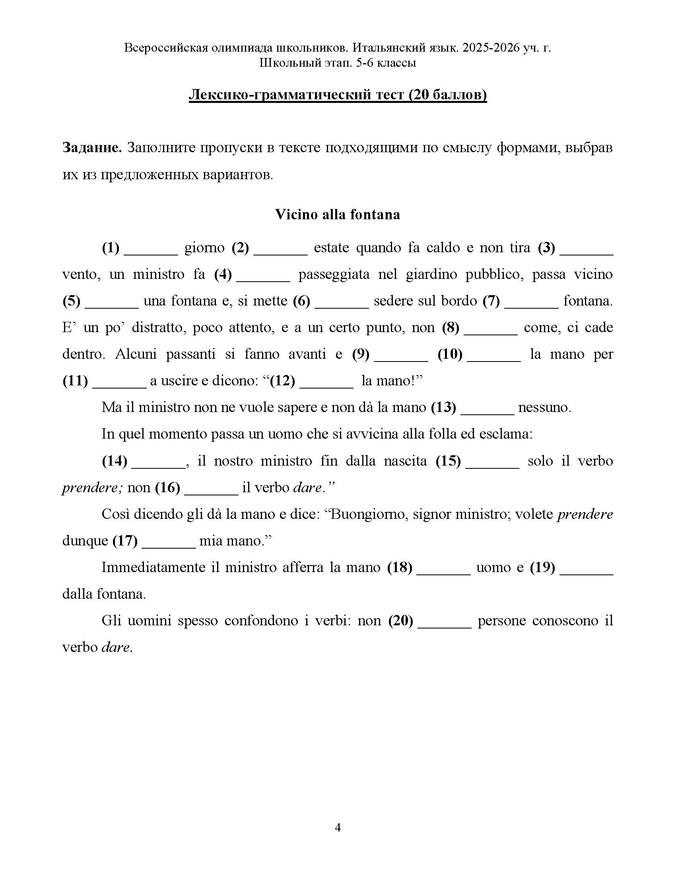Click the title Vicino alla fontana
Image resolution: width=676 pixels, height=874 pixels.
tap(337, 215)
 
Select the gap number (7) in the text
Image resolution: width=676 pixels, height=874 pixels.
tap(491, 301)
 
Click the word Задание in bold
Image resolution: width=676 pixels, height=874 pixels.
tap(92, 148)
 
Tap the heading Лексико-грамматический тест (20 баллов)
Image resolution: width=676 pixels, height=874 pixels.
tap(338, 95)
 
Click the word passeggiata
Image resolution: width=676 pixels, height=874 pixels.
tap(334, 275)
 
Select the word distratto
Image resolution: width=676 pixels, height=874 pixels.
tap(157, 328)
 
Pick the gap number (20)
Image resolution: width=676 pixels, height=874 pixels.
tap(400, 621)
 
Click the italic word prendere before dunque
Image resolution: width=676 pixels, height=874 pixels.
tap(585, 514)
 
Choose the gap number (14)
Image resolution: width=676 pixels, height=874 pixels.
tap(115, 461)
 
